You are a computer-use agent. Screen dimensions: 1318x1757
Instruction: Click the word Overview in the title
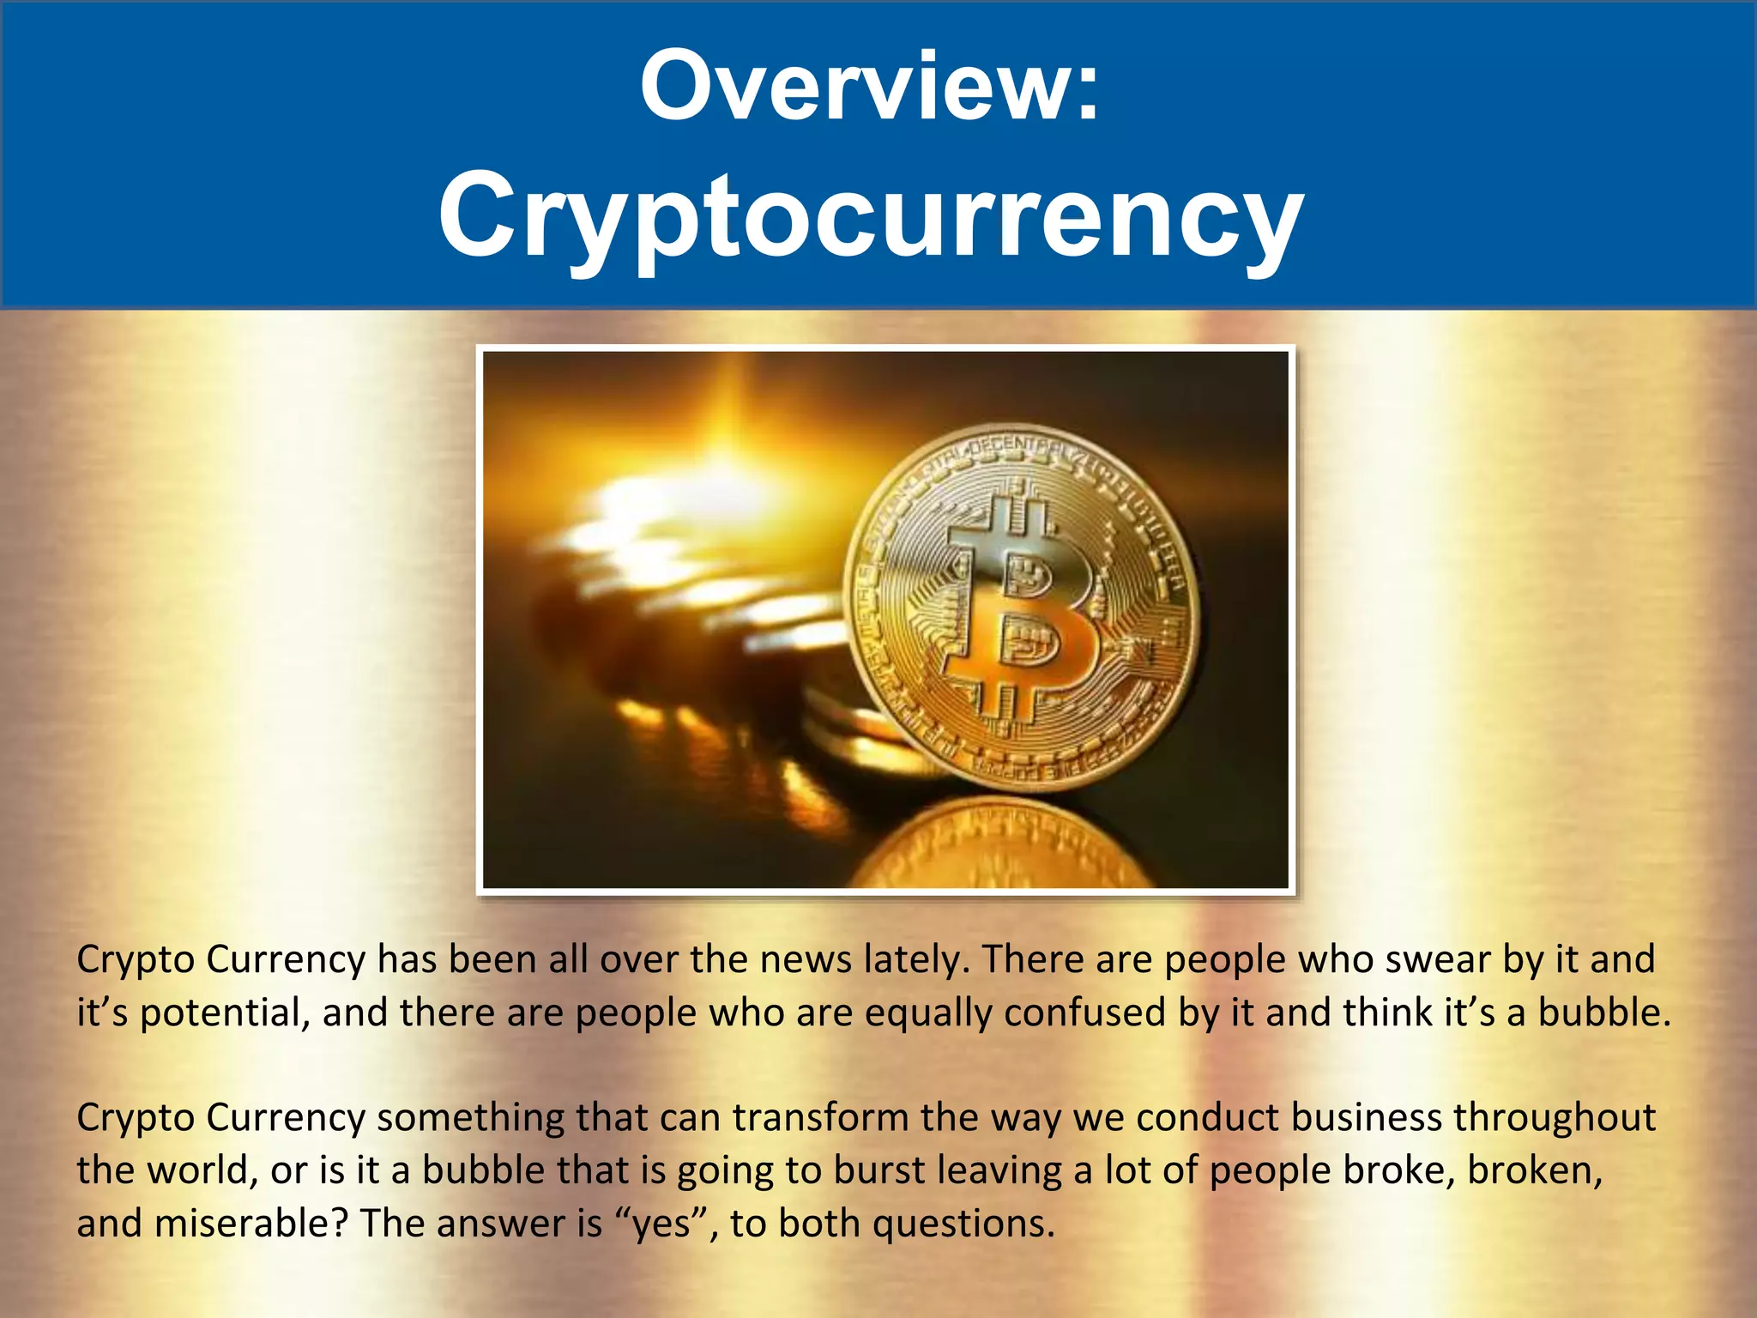849,86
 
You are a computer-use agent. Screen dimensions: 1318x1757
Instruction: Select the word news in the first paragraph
806,959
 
